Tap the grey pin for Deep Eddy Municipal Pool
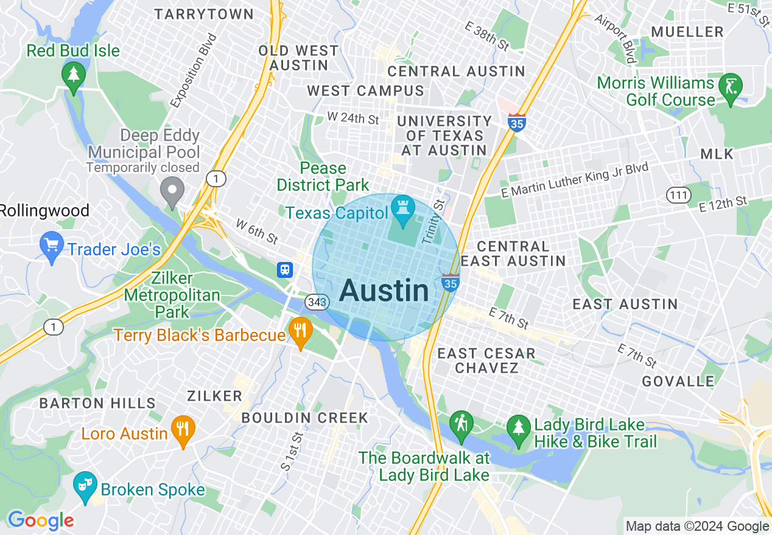pyautogui.click(x=172, y=191)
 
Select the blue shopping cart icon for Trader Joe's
pyautogui.click(x=51, y=247)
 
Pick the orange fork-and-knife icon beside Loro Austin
pyautogui.click(x=183, y=430)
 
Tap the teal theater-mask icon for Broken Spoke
pyautogui.click(x=85, y=485)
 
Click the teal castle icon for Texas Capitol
pyautogui.click(x=402, y=209)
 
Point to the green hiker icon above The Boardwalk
pyautogui.click(x=461, y=424)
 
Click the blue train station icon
pyautogui.click(x=285, y=269)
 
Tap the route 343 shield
pyautogui.click(x=318, y=302)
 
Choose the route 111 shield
pyautogui.click(x=678, y=195)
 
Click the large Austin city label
pyautogui.click(x=384, y=291)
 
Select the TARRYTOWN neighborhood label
pyautogui.click(x=203, y=13)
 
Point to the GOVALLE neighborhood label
pyautogui.click(x=678, y=382)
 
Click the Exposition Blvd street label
pyautogui.click(x=194, y=71)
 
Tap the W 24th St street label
pyautogui.click(x=353, y=117)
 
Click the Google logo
pyautogui.click(x=41, y=520)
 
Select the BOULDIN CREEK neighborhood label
pyautogui.click(x=304, y=418)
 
